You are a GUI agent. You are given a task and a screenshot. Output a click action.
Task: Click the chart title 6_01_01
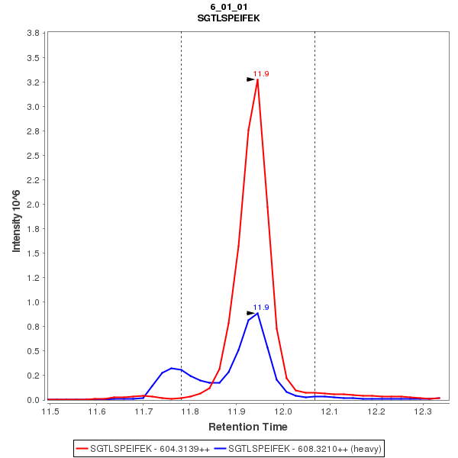pyautogui.click(x=228, y=7)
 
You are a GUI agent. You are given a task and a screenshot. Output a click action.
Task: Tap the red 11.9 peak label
pyautogui.click(x=261, y=74)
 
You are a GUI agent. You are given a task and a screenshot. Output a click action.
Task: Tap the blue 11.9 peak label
pyautogui.click(x=261, y=308)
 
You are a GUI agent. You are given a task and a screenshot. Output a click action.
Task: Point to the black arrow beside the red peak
pyautogui.click(x=250, y=79)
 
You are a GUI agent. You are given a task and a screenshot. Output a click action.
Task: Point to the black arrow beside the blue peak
pyautogui.click(x=250, y=313)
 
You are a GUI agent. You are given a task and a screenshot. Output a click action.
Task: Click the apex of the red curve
pyautogui.click(x=258, y=80)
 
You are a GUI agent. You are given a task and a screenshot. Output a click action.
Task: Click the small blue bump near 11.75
pyautogui.click(x=173, y=368)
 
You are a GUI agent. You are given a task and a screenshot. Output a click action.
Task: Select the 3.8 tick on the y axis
pyautogui.click(x=33, y=34)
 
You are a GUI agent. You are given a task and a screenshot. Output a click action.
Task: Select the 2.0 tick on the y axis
pyautogui.click(x=33, y=205)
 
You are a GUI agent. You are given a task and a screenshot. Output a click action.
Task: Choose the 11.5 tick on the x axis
pyautogui.click(x=50, y=412)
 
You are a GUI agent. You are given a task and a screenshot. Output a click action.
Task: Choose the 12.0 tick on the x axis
pyautogui.click(x=283, y=412)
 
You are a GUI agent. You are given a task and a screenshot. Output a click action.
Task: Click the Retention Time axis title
pyautogui.click(x=247, y=427)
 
